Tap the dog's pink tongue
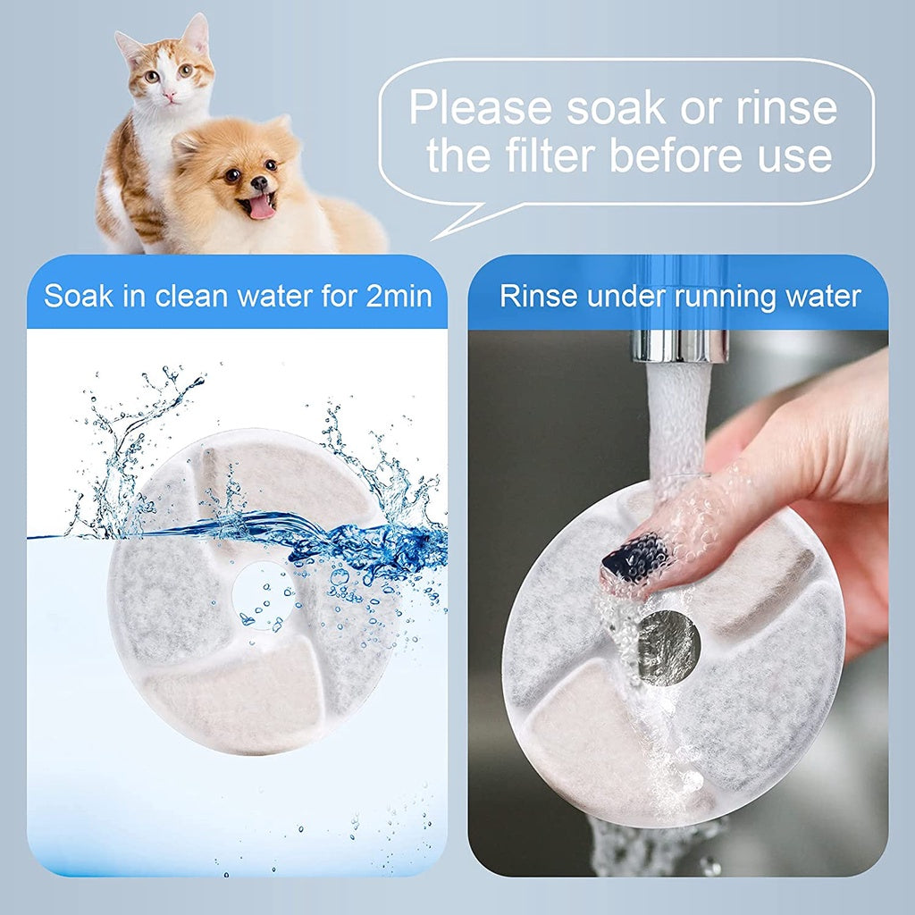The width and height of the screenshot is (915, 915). pos(261,206)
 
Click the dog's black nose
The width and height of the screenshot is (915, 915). pos(258,183)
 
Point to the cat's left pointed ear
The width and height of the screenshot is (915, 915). pos(127,46)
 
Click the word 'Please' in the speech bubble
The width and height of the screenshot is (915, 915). pos(480,107)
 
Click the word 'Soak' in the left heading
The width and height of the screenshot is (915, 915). pos(78,296)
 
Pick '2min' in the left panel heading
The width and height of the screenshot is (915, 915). pos(399,296)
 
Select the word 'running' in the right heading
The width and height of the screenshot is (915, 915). pos(724,298)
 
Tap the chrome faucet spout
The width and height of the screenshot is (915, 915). pos(679,345)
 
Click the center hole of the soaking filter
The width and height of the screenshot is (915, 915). pos(264,596)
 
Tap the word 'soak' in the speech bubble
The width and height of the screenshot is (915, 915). pos(616,107)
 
